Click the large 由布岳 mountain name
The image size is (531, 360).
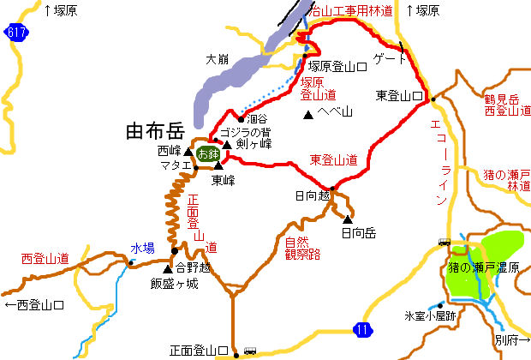154,131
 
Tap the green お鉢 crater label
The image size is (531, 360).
207,154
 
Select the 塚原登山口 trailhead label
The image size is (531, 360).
338,65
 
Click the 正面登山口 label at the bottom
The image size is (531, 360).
199,351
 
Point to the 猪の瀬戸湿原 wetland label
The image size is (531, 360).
486,268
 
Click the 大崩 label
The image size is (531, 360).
217,60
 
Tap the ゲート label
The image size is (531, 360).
389,59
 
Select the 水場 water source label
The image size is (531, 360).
142,249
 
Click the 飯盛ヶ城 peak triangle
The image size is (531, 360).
167,270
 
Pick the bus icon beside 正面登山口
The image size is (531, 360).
249,350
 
